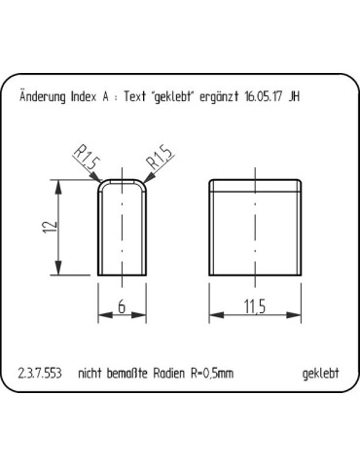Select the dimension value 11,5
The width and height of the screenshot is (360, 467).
[256, 307]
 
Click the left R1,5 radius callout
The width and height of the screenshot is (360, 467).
[86, 160]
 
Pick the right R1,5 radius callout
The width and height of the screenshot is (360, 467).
[159, 160]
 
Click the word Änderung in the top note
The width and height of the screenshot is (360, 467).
[41, 96]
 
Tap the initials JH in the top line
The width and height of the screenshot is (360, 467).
[294, 96]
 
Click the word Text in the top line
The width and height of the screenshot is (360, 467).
[131, 96]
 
